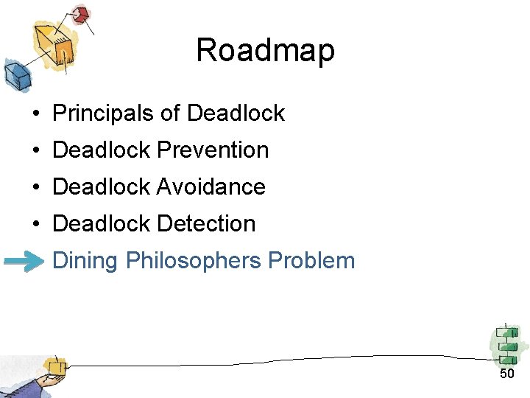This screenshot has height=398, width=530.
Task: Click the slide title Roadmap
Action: coord(265,51)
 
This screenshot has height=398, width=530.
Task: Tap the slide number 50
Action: coord(506,374)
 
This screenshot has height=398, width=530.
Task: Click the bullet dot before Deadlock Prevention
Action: coord(35,151)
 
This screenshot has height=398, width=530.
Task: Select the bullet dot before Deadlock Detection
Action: coord(35,225)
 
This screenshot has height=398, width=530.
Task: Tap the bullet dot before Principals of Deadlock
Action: coord(35,114)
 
